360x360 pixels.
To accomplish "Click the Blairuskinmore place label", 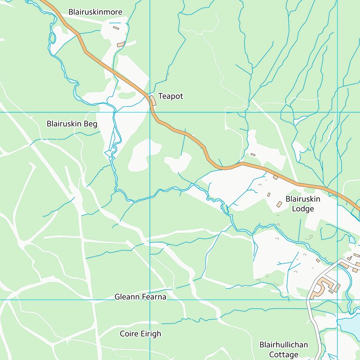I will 95,12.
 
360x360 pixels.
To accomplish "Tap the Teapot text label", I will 171,96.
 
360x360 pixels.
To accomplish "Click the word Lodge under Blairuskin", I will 303,209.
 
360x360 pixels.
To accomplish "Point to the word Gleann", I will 128,297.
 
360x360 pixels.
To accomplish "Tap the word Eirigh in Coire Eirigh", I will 150,334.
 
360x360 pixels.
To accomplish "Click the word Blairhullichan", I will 284,345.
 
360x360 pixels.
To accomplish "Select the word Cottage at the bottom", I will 284,355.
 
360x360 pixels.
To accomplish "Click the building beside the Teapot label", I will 153,100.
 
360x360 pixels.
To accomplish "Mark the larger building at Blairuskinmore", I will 121,45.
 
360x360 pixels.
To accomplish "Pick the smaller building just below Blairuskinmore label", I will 116,28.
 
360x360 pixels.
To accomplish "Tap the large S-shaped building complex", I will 324,287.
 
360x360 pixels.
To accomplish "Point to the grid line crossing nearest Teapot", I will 150,112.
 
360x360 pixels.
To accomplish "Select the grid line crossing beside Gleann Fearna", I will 150,300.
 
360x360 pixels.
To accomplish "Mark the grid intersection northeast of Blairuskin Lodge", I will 337,112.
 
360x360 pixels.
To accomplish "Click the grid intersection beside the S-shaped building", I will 337,300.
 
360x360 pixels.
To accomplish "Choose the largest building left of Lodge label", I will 279,204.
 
